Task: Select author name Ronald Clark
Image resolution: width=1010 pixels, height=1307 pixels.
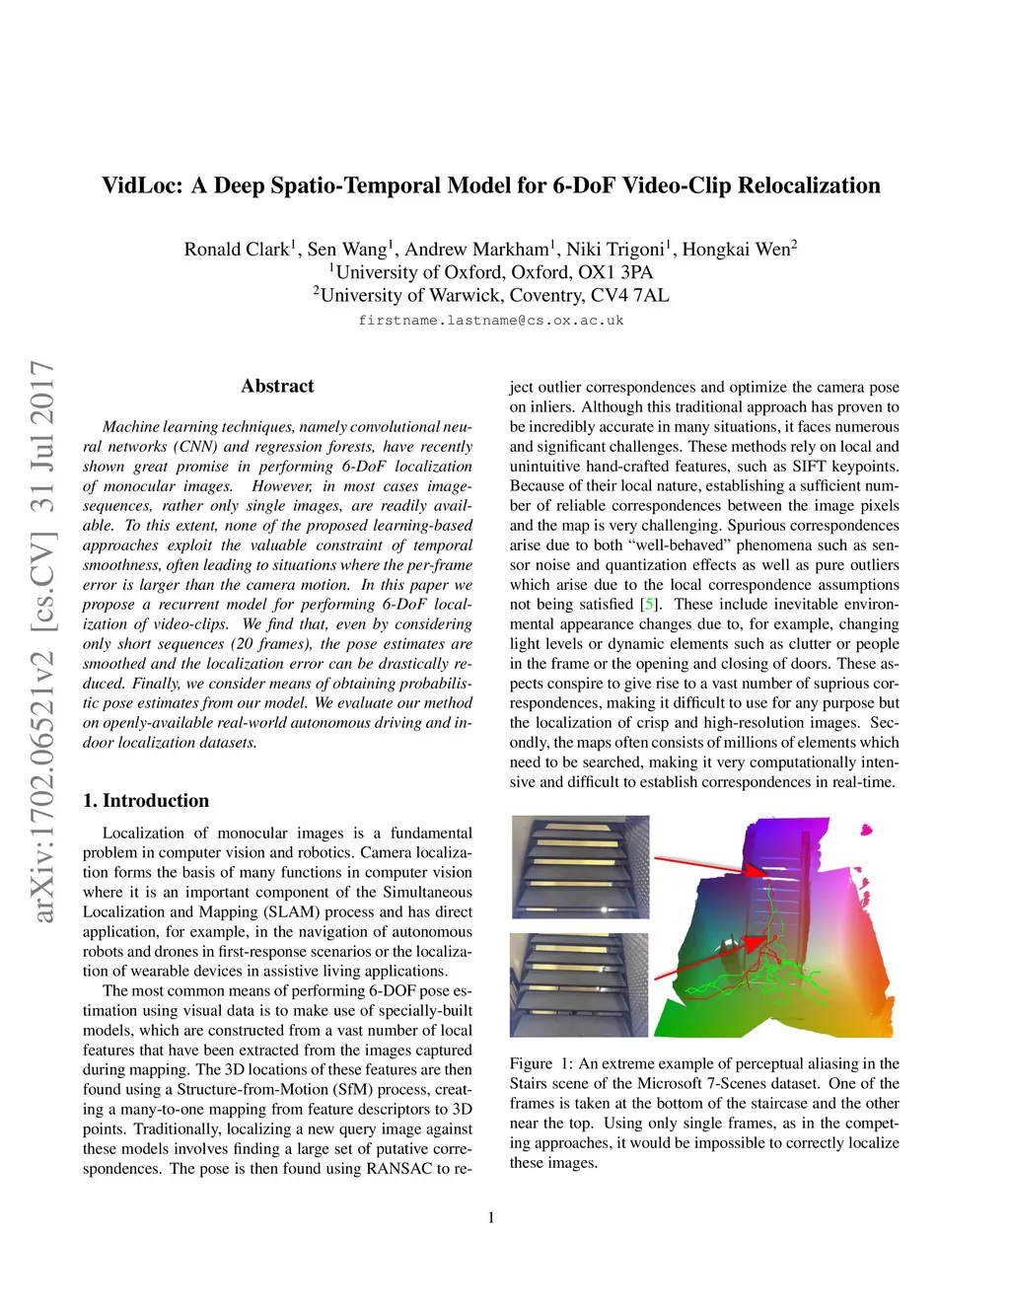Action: click(x=236, y=250)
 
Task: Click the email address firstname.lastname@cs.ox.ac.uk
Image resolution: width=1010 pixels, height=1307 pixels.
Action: click(x=490, y=321)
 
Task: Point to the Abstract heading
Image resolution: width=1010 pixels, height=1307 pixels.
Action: click(x=277, y=387)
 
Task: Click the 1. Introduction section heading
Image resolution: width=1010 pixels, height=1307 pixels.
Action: click(x=146, y=801)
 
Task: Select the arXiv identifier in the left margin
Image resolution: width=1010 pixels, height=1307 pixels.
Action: click(x=43, y=641)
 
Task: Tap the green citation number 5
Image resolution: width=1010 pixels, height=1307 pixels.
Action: click(x=648, y=605)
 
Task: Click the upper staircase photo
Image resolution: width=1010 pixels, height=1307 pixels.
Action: click(x=580, y=867)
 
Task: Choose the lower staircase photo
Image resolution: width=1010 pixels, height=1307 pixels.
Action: click(x=580, y=984)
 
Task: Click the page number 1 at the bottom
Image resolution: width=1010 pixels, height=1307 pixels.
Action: click(x=491, y=1218)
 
